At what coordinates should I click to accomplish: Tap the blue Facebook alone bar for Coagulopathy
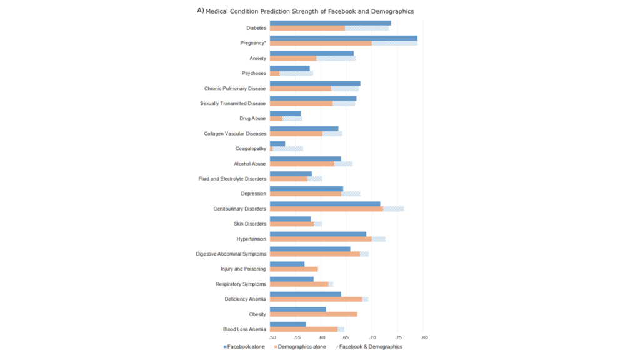pos(277,144)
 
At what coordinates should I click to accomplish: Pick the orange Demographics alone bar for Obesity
pos(313,314)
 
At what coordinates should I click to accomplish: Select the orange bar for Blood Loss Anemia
pos(304,329)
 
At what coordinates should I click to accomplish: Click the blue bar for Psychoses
pos(289,68)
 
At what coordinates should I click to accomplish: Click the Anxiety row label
pos(257,58)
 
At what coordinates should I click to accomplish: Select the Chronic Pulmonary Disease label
pos(235,88)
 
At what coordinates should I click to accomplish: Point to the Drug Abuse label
pos(252,118)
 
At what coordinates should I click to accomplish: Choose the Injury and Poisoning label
pos(243,269)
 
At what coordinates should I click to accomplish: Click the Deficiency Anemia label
pos(245,299)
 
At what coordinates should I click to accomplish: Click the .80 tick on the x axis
pos(424,338)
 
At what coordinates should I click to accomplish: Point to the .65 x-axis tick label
pos(347,338)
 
